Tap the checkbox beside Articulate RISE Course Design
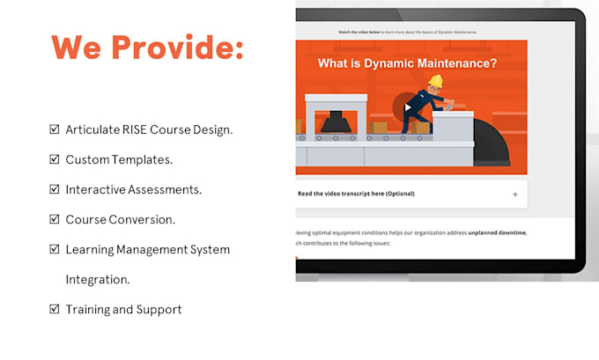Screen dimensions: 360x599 tap(55, 130)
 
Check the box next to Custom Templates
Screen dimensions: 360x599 tap(55, 160)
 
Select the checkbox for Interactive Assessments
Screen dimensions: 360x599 tap(55, 190)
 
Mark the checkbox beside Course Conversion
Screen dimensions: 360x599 tap(55, 220)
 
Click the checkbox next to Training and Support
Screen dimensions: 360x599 tap(55, 310)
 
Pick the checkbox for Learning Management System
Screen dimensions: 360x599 tap(55, 250)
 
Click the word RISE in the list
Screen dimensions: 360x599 tap(135, 130)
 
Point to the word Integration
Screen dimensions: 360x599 tap(97, 280)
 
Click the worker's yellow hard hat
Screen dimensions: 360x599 tap(435, 82)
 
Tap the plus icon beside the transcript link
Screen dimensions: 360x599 tap(514, 194)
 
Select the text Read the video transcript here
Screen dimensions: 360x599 tap(356, 194)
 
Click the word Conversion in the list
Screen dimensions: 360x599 tap(143, 220)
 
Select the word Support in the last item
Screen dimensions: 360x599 tap(161, 310)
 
